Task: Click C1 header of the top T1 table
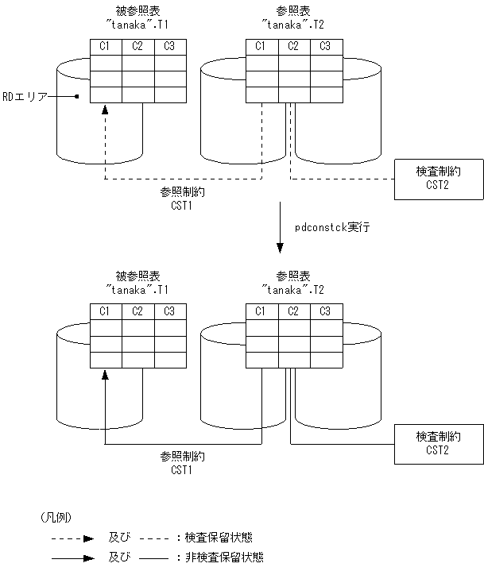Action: [x=105, y=47]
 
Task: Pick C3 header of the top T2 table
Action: [x=325, y=47]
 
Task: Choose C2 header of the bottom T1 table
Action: [x=137, y=311]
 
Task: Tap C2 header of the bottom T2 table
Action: [x=294, y=311]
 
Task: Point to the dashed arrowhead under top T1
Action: [x=105, y=112]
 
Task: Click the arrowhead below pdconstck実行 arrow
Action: [x=279, y=247]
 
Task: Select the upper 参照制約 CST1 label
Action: [x=182, y=199]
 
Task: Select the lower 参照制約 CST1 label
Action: [x=182, y=463]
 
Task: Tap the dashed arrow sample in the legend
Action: [x=76, y=538]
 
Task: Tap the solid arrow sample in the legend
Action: [x=76, y=557]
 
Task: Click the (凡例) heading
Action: [x=56, y=517]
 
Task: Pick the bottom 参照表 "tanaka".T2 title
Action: [x=293, y=283]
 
